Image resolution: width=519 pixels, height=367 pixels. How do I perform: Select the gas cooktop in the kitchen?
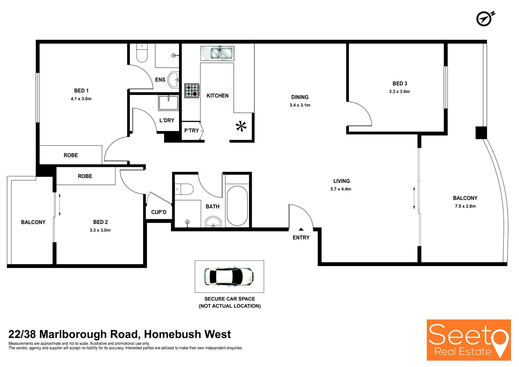(x=192, y=91)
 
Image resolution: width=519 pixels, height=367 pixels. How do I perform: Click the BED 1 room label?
(x=81, y=91)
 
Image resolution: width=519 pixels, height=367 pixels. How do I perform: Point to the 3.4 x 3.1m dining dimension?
(x=300, y=105)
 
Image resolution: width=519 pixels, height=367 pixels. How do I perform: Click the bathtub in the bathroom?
(x=237, y=205)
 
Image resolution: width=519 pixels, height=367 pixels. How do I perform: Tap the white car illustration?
(x=229, y=276)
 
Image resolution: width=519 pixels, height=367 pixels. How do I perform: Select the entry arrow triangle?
(x=301, y=229)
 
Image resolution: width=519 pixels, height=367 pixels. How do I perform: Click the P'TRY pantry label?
(x=192, y=130)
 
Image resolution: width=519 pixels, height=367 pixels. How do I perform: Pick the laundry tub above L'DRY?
(x=168, y=103)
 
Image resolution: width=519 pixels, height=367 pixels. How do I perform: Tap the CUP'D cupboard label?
(x=159, y=212)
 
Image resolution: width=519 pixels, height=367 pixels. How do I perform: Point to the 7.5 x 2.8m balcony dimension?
(x=465, y=206)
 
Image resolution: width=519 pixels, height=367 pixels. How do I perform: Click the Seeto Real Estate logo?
(x=469, y=340)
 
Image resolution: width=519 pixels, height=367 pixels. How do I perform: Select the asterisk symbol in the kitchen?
(x=241, y=126)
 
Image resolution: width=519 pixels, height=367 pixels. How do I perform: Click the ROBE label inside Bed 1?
(x=71, y=155)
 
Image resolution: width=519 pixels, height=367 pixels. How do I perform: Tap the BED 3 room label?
(x=399, y=84)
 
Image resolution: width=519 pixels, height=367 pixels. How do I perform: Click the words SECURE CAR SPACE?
(x=230, y=299)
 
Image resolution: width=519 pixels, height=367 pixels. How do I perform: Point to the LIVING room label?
(x=341, y=181)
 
